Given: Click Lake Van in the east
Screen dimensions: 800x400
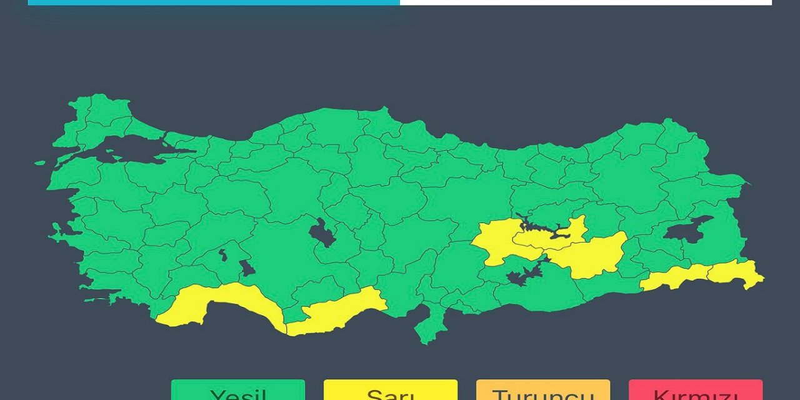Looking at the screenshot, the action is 687,230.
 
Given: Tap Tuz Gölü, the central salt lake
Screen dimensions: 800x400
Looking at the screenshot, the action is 321,234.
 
